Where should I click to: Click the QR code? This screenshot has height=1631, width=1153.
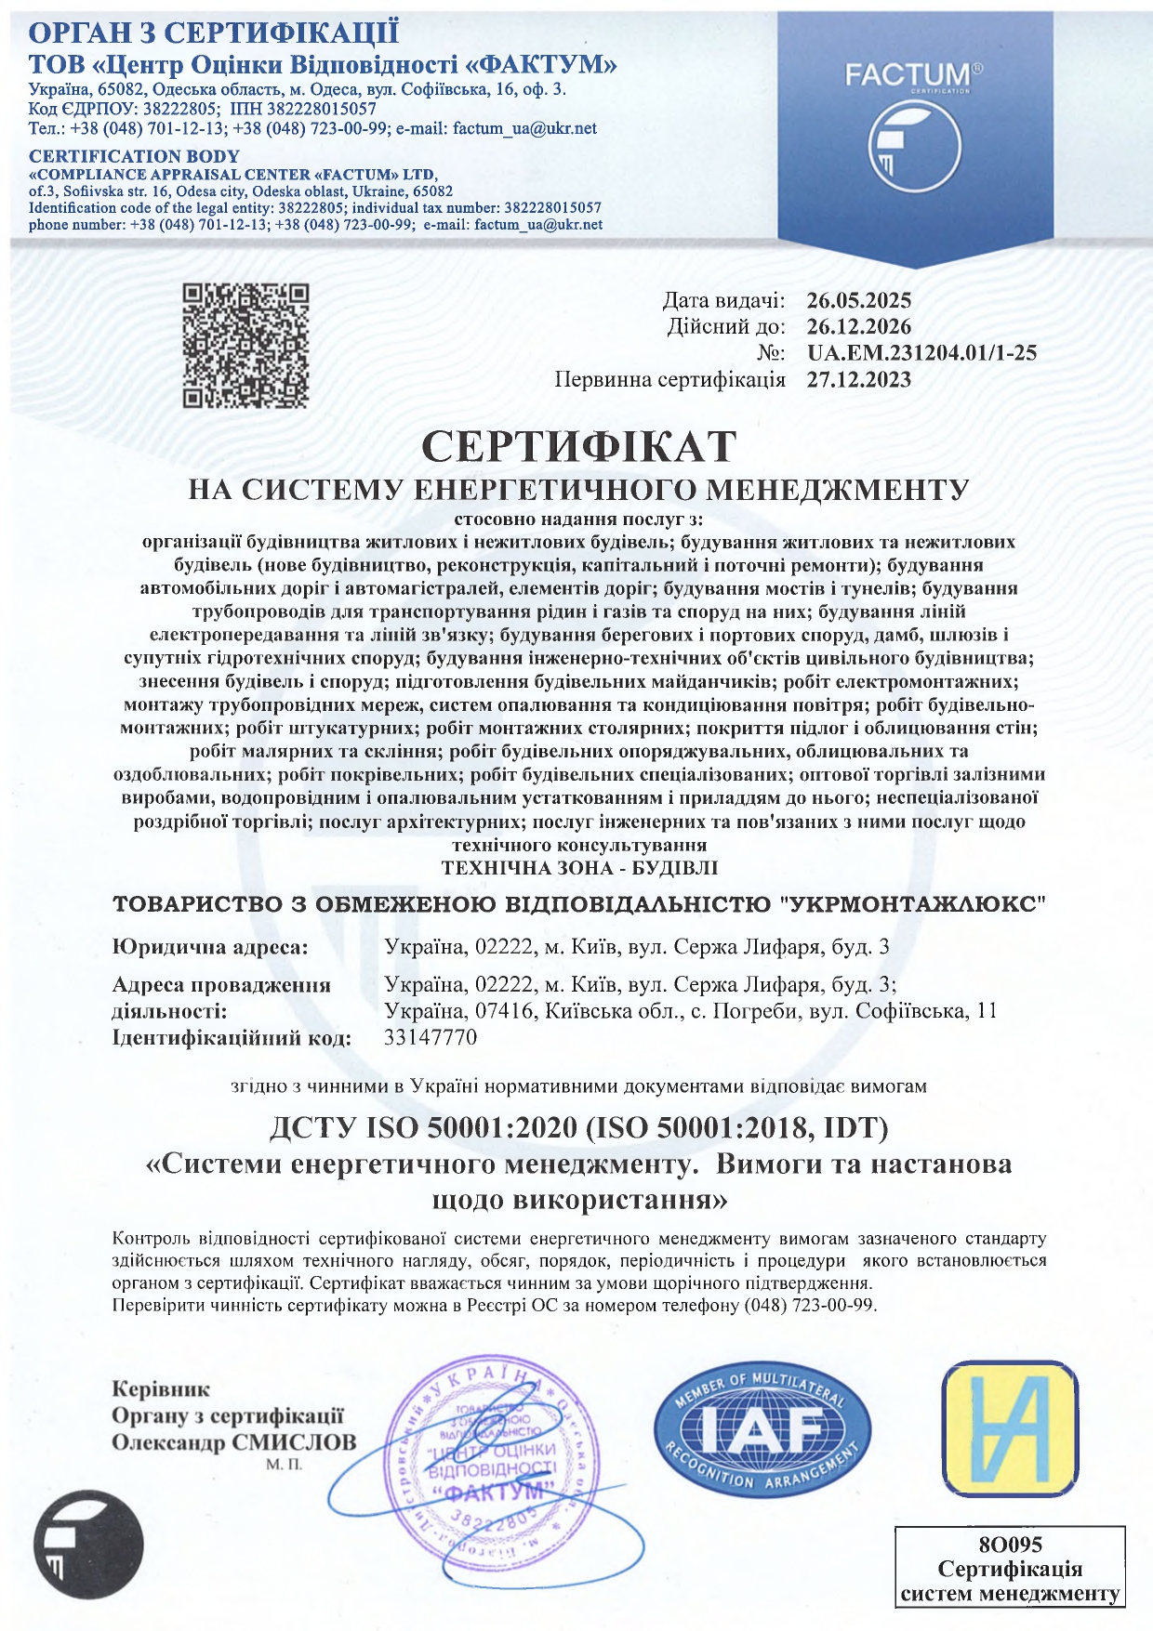tap(245, 346)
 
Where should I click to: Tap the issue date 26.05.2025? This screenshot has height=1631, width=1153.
tap(858, 300)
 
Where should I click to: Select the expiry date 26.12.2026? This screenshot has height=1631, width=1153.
tap(858, 326)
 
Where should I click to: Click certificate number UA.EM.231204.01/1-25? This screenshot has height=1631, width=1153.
tap(921, 352)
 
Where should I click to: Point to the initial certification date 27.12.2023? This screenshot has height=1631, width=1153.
tap(858, 379)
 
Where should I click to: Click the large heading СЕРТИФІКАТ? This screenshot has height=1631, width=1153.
tap(578, 446)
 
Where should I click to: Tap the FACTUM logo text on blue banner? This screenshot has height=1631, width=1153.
tap(908, 74)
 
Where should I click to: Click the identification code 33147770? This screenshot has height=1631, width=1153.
tap(431, 1037)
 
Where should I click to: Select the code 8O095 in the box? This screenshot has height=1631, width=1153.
tap(1010, 1545)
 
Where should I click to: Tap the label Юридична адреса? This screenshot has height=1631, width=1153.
tap(209, 947)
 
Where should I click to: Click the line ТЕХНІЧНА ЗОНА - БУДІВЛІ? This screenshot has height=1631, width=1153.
tap(578, 868)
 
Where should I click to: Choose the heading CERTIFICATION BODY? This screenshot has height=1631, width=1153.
tap(134, 156)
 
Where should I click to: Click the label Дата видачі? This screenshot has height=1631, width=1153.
tap(723, 300)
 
